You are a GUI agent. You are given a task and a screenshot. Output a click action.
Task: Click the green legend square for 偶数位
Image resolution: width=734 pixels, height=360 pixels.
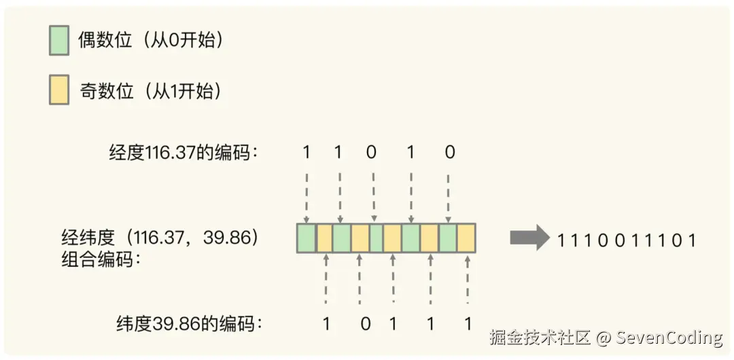coord(59,41)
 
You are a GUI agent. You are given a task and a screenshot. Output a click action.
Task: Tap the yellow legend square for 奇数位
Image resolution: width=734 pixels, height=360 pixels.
coord(59,91)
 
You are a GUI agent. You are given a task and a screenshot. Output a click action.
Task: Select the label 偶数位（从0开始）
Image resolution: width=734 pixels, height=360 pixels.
coord(151,41)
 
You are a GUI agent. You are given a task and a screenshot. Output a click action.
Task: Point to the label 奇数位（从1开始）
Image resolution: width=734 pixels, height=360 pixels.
coord(150,91)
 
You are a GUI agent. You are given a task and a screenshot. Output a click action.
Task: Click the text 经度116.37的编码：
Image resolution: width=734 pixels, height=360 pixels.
coord(184,152)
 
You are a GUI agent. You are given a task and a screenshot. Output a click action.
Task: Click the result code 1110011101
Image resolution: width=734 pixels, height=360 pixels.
coord(627,240)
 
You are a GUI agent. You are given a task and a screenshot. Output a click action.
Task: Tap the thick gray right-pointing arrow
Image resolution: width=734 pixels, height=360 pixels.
coord(529,238)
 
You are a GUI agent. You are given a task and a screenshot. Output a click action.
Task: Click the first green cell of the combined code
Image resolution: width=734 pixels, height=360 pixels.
coord(307,238)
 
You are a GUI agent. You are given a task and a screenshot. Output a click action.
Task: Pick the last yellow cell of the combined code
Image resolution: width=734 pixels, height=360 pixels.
coord(466,238)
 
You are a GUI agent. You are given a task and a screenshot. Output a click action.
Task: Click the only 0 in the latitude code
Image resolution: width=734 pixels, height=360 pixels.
coord(366,323)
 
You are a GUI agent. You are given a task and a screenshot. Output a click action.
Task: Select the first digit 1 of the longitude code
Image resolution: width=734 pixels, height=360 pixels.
coord(307,152)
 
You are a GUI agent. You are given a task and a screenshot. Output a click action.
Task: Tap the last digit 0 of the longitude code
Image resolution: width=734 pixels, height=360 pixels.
coord(449,152)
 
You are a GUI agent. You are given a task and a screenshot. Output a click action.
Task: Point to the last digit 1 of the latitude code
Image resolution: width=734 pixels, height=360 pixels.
coord(467,323)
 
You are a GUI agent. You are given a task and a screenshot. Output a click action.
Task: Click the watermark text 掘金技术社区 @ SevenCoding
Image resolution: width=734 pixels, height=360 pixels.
coord(606,337)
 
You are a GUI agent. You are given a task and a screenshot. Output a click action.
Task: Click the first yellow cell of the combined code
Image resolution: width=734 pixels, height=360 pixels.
coord(324,238)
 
